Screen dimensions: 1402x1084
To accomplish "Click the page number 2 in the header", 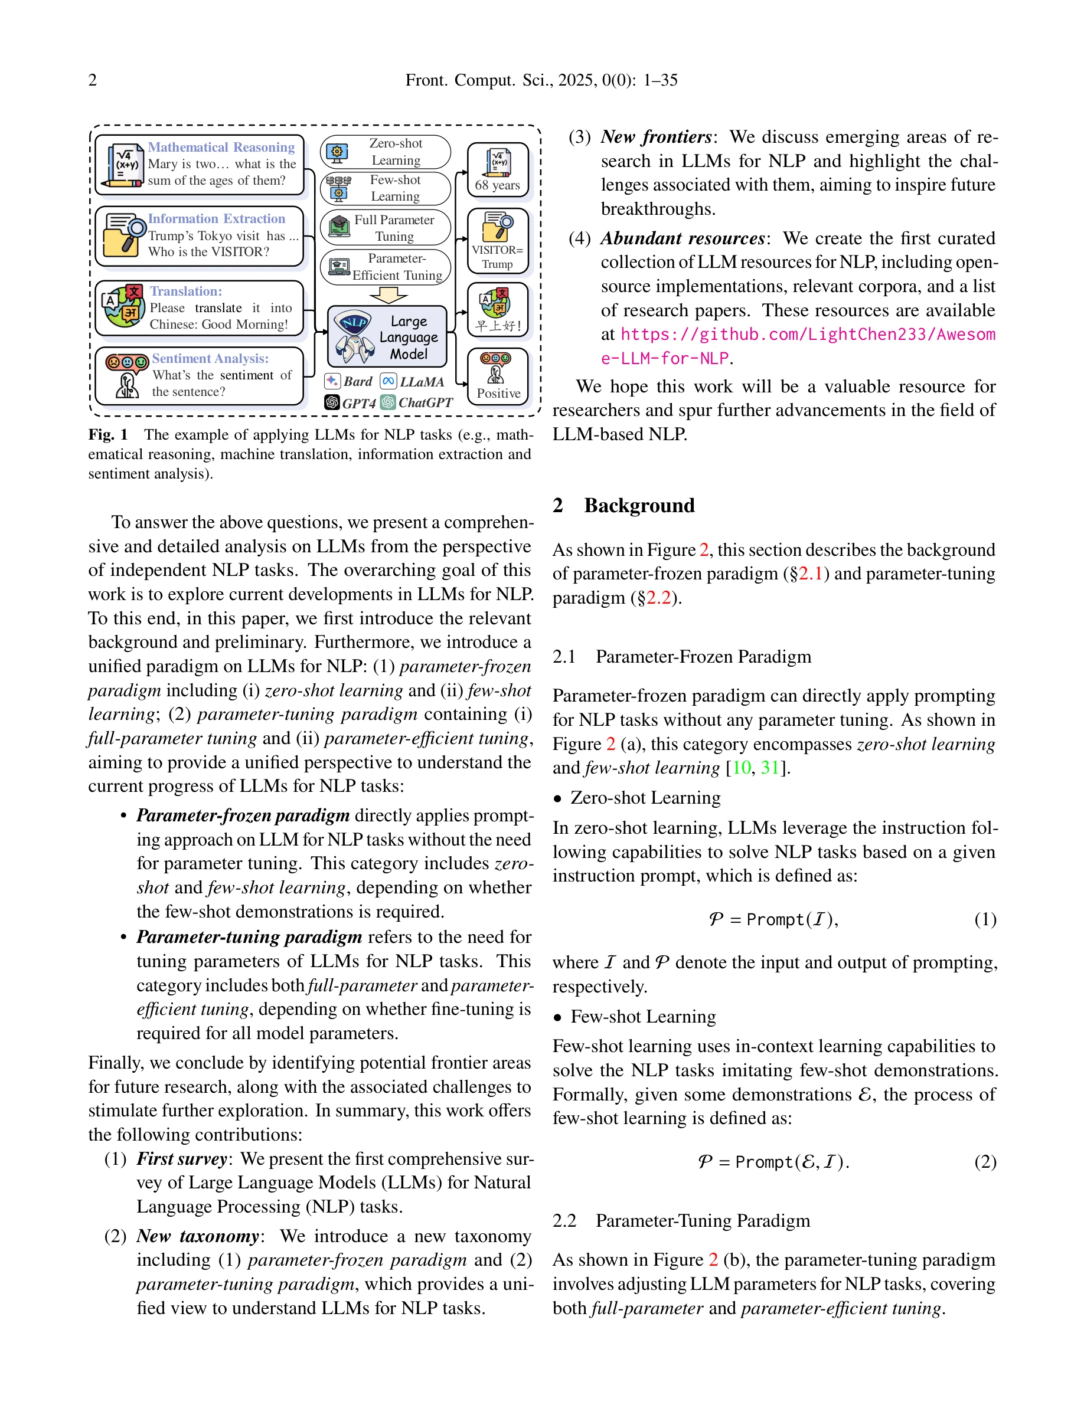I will click(x=93, y=80).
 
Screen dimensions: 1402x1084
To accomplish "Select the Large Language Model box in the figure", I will click(x=387, y=336).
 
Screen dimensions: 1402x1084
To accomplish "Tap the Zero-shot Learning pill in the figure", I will click(x=386, y=152).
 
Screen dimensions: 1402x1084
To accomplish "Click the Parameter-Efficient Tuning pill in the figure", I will click(x=386, y=266).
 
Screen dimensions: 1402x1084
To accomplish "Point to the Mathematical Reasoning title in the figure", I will click(x=221, y=147).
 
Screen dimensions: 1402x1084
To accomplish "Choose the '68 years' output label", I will click(x=497, y=185).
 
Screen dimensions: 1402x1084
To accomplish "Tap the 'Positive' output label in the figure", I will click(x=498, y=394).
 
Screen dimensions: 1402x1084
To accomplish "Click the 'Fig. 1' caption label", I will click(x=108, y=435).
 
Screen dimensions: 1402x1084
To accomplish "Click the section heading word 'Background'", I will click(x=639, y=505).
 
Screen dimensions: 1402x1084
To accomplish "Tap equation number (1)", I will click(x=984, y=919).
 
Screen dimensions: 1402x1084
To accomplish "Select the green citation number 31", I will click(x=769, y=768).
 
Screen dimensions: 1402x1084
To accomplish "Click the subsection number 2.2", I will click(x=564, y=1220).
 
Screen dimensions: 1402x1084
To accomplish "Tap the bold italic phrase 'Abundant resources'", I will click(x=683, y=238).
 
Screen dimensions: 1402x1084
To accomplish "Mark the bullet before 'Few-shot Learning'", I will click(x=558, y=1017).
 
